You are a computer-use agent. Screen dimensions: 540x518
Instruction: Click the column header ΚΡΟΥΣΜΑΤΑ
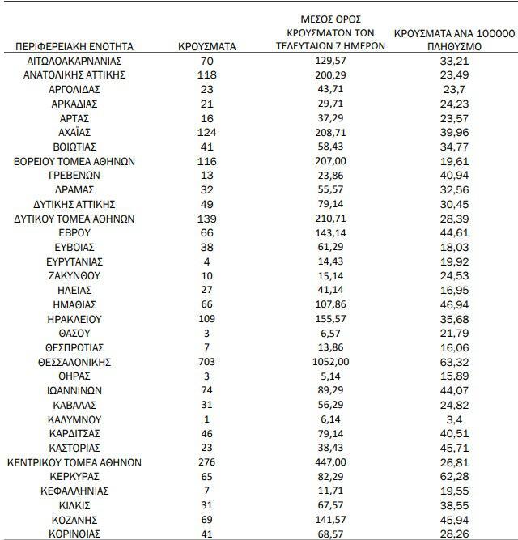click(206, 46)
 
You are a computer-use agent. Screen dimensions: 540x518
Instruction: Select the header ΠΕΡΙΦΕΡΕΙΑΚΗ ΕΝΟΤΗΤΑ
click(74, 46)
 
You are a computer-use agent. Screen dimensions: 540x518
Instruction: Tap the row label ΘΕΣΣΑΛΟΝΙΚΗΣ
click(74, 362)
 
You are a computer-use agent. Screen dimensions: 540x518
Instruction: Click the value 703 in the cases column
click(206, 362)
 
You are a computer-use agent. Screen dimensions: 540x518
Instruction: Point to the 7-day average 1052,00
click(329, 362)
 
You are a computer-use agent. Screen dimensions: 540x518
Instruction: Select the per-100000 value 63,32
click(454, 362)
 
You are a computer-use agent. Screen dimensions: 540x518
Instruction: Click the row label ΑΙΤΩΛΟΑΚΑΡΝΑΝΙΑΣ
click(74, 61)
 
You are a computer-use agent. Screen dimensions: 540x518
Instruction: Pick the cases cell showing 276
click(206, 462)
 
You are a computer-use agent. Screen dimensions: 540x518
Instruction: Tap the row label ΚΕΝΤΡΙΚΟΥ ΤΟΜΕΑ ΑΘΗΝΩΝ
click(74, 462)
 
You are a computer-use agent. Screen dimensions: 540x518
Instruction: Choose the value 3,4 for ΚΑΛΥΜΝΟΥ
click(454, 419)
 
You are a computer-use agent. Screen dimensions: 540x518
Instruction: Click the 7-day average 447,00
click(329, 462)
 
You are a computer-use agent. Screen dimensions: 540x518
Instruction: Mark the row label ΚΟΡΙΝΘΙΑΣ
click(74, 534)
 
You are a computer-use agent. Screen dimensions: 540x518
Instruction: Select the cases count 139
click(206, 219)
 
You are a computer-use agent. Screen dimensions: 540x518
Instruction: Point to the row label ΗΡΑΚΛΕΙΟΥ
click(74, 319)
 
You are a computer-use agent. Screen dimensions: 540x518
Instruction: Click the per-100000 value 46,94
click(454, 304)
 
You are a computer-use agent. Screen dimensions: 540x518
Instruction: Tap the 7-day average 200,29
click(329, 75)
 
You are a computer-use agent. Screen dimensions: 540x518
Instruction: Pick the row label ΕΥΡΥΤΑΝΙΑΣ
click(74, 261)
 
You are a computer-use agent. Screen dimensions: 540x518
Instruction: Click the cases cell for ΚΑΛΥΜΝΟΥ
click(206, 419)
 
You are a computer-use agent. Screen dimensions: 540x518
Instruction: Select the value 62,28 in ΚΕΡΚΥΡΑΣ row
click(454, 477)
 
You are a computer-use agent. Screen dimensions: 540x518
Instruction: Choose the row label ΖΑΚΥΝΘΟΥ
click(74, 276)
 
